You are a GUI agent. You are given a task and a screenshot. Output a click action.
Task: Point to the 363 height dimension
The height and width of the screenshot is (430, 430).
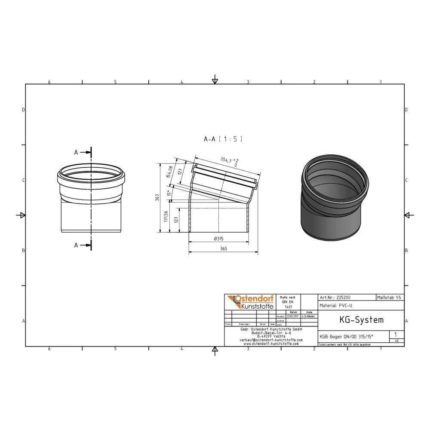click(158, 197)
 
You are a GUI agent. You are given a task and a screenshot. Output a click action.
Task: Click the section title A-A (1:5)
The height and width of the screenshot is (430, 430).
click(223, 139)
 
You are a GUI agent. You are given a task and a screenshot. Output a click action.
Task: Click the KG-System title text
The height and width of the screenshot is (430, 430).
click(355, 320)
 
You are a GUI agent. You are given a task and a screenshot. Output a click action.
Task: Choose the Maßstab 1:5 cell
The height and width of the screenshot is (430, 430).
click(390, 297)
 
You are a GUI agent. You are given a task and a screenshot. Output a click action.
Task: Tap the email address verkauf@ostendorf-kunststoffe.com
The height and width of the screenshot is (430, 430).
click(271, 340)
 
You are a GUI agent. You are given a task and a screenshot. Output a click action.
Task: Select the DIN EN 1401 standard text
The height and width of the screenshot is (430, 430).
click(288, 302)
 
